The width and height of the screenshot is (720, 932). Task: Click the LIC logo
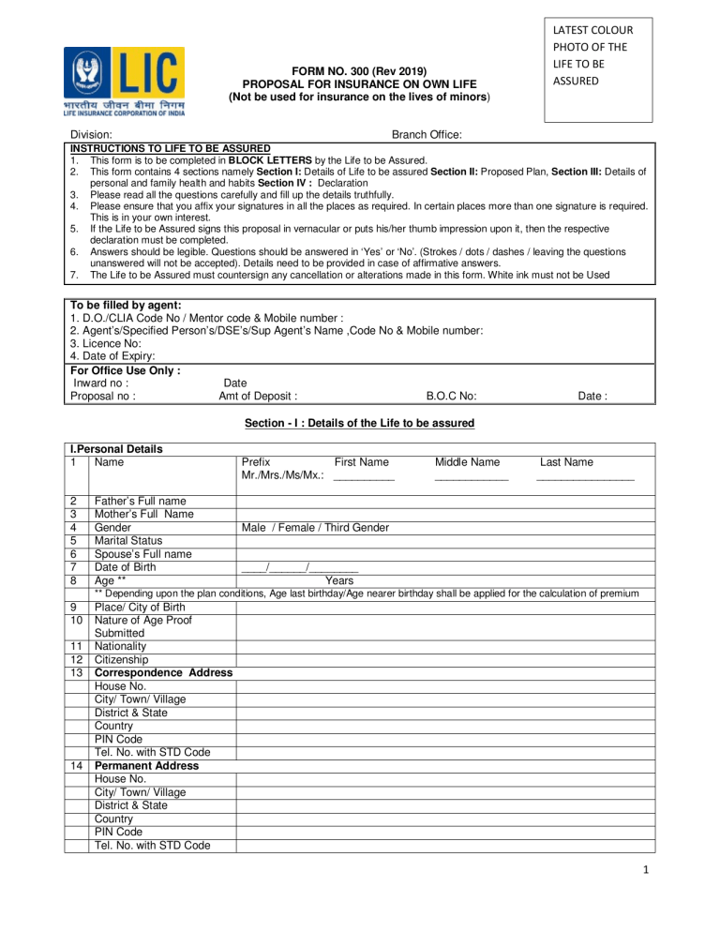[124, 81]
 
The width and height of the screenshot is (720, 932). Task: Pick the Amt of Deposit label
[258, 396]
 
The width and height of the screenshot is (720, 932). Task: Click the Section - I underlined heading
[360, 423]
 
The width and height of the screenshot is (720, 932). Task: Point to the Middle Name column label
[467, 461]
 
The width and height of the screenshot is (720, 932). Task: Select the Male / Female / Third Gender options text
[315, 528]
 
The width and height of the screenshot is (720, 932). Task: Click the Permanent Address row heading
[146, 765]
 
